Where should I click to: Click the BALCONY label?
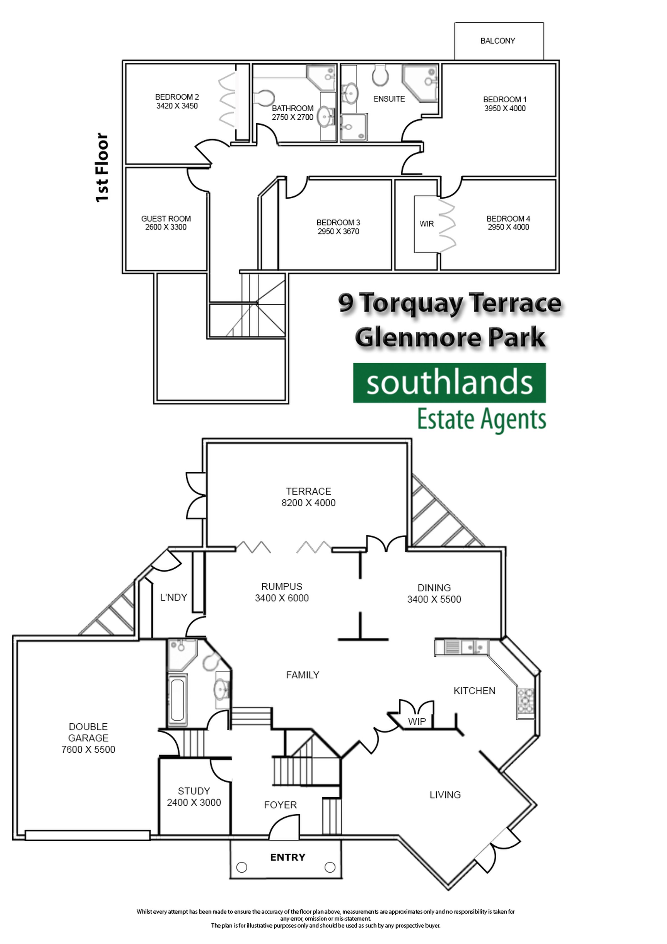click(497, 41)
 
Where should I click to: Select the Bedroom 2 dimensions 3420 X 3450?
click(177, 106)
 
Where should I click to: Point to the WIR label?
click(427, 224)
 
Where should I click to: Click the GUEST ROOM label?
click(166, 219)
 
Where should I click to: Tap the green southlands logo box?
click(449, 382)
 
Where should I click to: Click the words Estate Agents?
click(482, 419)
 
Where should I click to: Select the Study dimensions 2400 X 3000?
click(194, 802)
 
